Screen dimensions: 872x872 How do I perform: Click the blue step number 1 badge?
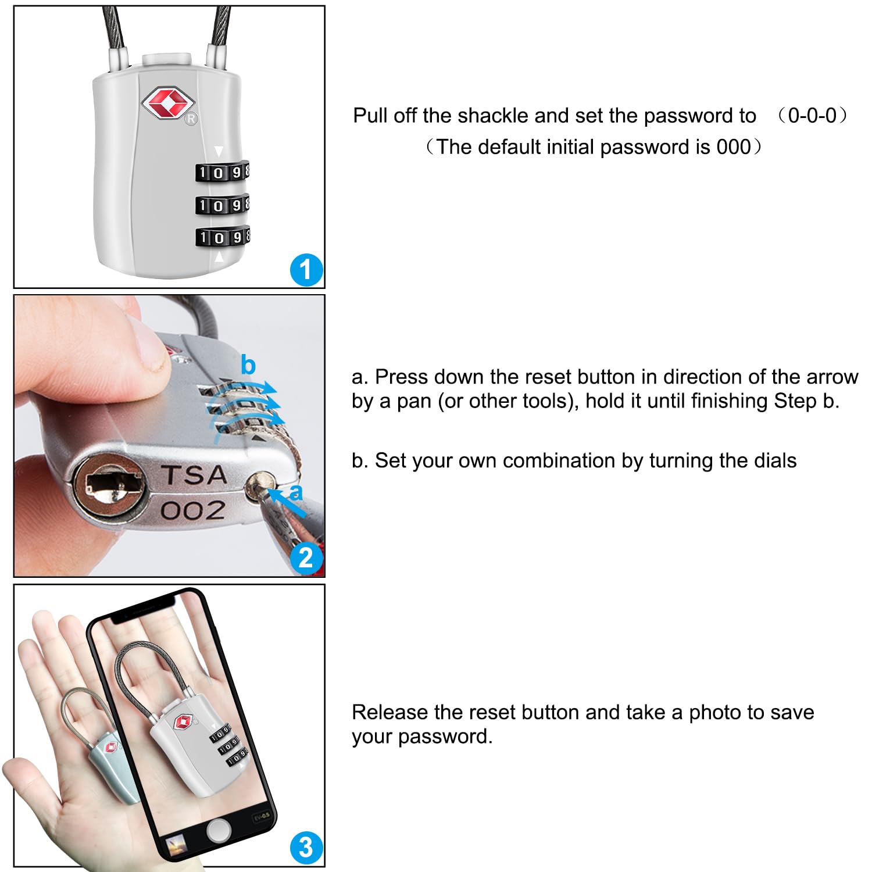(x=306, y=270)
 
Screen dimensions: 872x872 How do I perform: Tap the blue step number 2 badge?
(x=306, y=557)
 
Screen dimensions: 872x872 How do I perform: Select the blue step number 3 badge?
(x=306, y=848)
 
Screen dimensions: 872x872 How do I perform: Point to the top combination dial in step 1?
(x=223, y=172)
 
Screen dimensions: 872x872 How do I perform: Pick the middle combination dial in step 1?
(x=223, y=205)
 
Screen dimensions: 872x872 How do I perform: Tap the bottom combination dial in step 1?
(x=223, y=237)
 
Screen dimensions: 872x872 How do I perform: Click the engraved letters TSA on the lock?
(x=194, y=475)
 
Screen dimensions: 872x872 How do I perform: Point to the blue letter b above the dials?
(x=248, y=365)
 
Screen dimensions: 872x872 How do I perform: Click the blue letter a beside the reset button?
(x=296, y=492)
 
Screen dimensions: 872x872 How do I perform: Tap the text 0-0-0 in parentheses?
(x=812, y=115)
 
